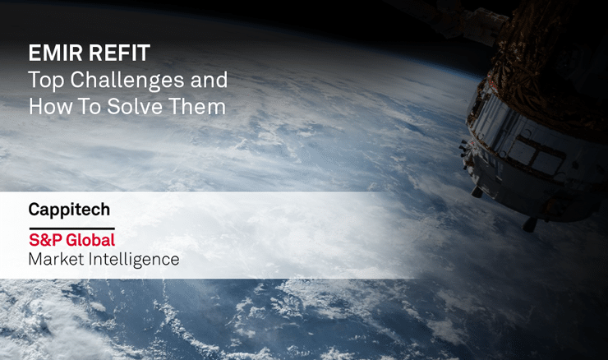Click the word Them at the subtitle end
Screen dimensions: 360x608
pyautogui.click(x=200, y=107)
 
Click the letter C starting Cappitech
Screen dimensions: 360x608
pyautogui.click(x=35, y=210)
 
